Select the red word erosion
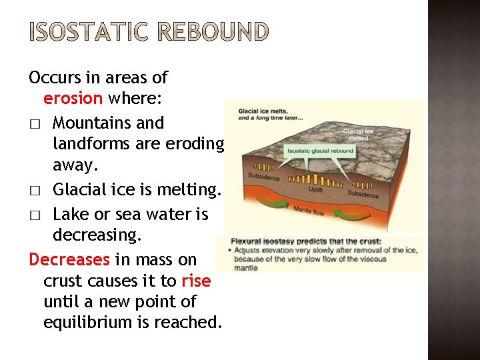[73, 99]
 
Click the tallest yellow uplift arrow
[313, 174]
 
